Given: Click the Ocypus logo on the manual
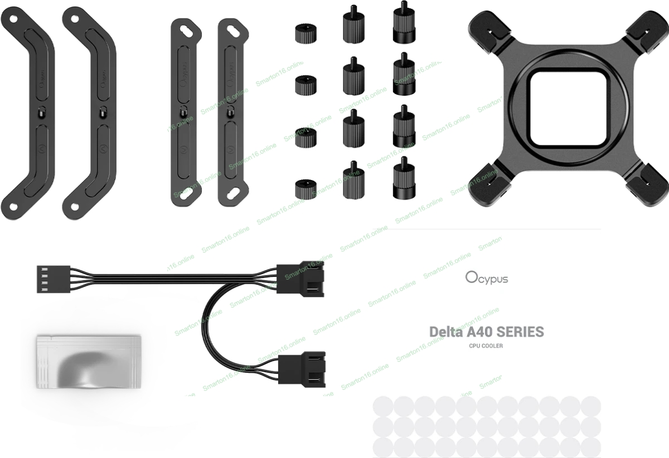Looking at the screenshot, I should (486, 277).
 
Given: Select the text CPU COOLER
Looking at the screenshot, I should (486, 346).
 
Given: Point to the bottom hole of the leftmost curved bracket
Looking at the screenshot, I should (13, 207).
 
